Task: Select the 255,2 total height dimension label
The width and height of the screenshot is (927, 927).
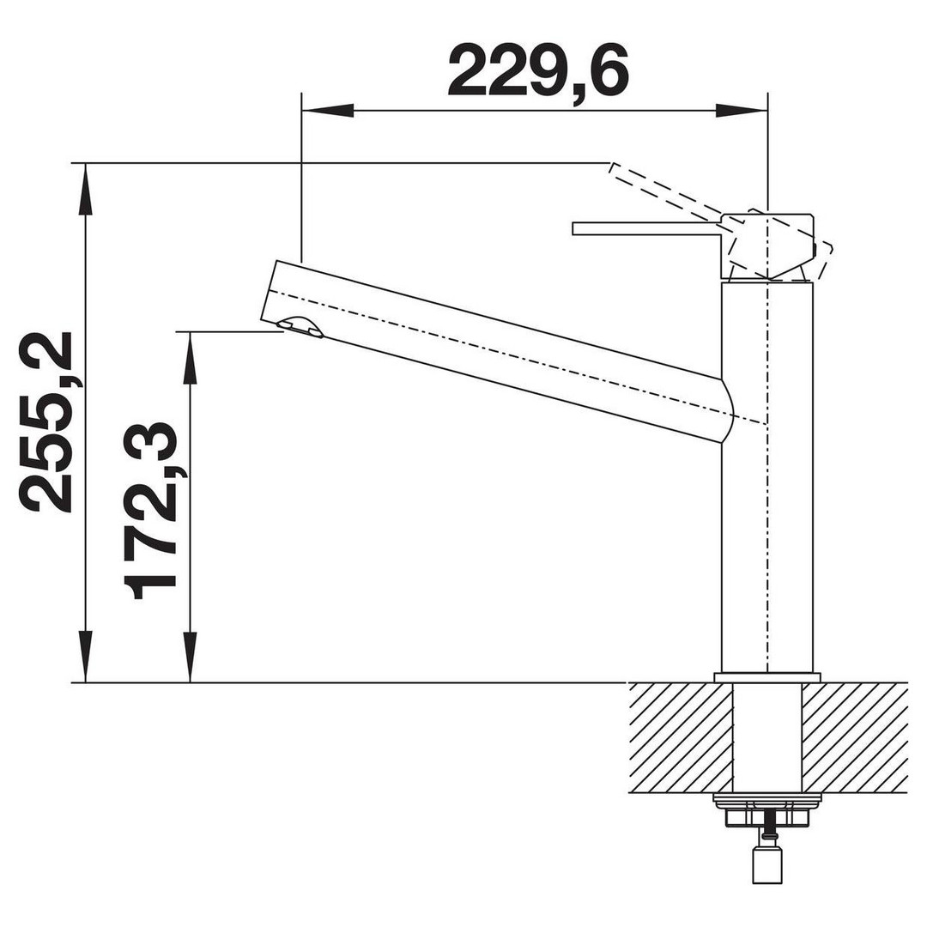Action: pyautogui.click(x=46, y=421)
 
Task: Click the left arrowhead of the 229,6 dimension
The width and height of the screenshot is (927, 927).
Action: pyautogui.click(x=328, y=111)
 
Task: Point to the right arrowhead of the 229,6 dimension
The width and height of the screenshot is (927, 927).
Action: pyautogui.click(x=742, y=111)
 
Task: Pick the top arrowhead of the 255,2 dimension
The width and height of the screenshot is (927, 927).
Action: pyautogui.click(x=87, y=190)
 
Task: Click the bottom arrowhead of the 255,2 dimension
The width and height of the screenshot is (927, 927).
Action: pyautogui.click(x=87, y=656)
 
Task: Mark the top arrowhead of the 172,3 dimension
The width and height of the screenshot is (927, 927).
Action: pyautogui.click(x=191, y=358)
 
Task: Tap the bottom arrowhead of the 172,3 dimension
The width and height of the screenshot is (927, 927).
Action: pyautogui.click(x=191, y=656)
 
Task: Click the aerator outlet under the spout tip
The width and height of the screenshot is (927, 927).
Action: pyautogui.click(x=300, y=326)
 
